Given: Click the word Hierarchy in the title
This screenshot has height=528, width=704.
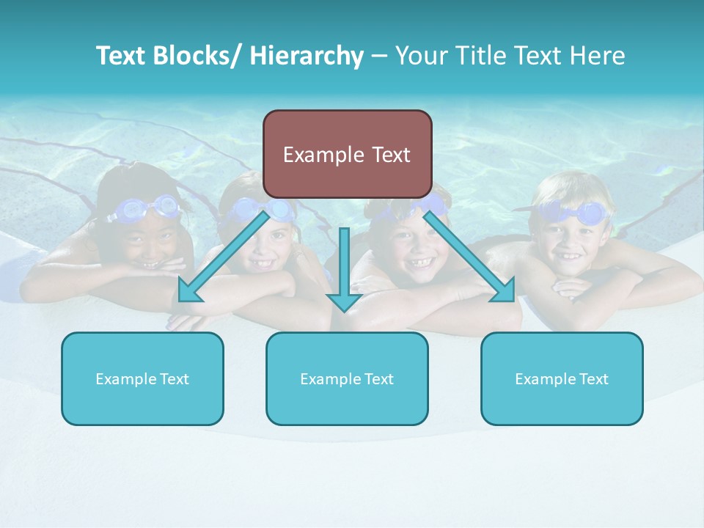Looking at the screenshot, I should click(307, 56).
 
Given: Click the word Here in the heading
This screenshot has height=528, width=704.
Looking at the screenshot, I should click(598, 56).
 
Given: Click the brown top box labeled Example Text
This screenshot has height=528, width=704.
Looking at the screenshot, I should click(347, 154).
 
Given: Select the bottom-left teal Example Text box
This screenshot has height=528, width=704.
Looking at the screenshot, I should click(142, 378).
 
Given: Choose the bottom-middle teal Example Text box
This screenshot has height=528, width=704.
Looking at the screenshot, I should click(347, 378).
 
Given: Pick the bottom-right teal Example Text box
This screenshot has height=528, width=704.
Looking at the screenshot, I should click(562, 378).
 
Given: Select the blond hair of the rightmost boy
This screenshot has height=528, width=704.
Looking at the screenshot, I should click(565, 187).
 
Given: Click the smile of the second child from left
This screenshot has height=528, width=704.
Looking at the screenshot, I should click(262, 260).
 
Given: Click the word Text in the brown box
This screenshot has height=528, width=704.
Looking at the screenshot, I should click(386, 155).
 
